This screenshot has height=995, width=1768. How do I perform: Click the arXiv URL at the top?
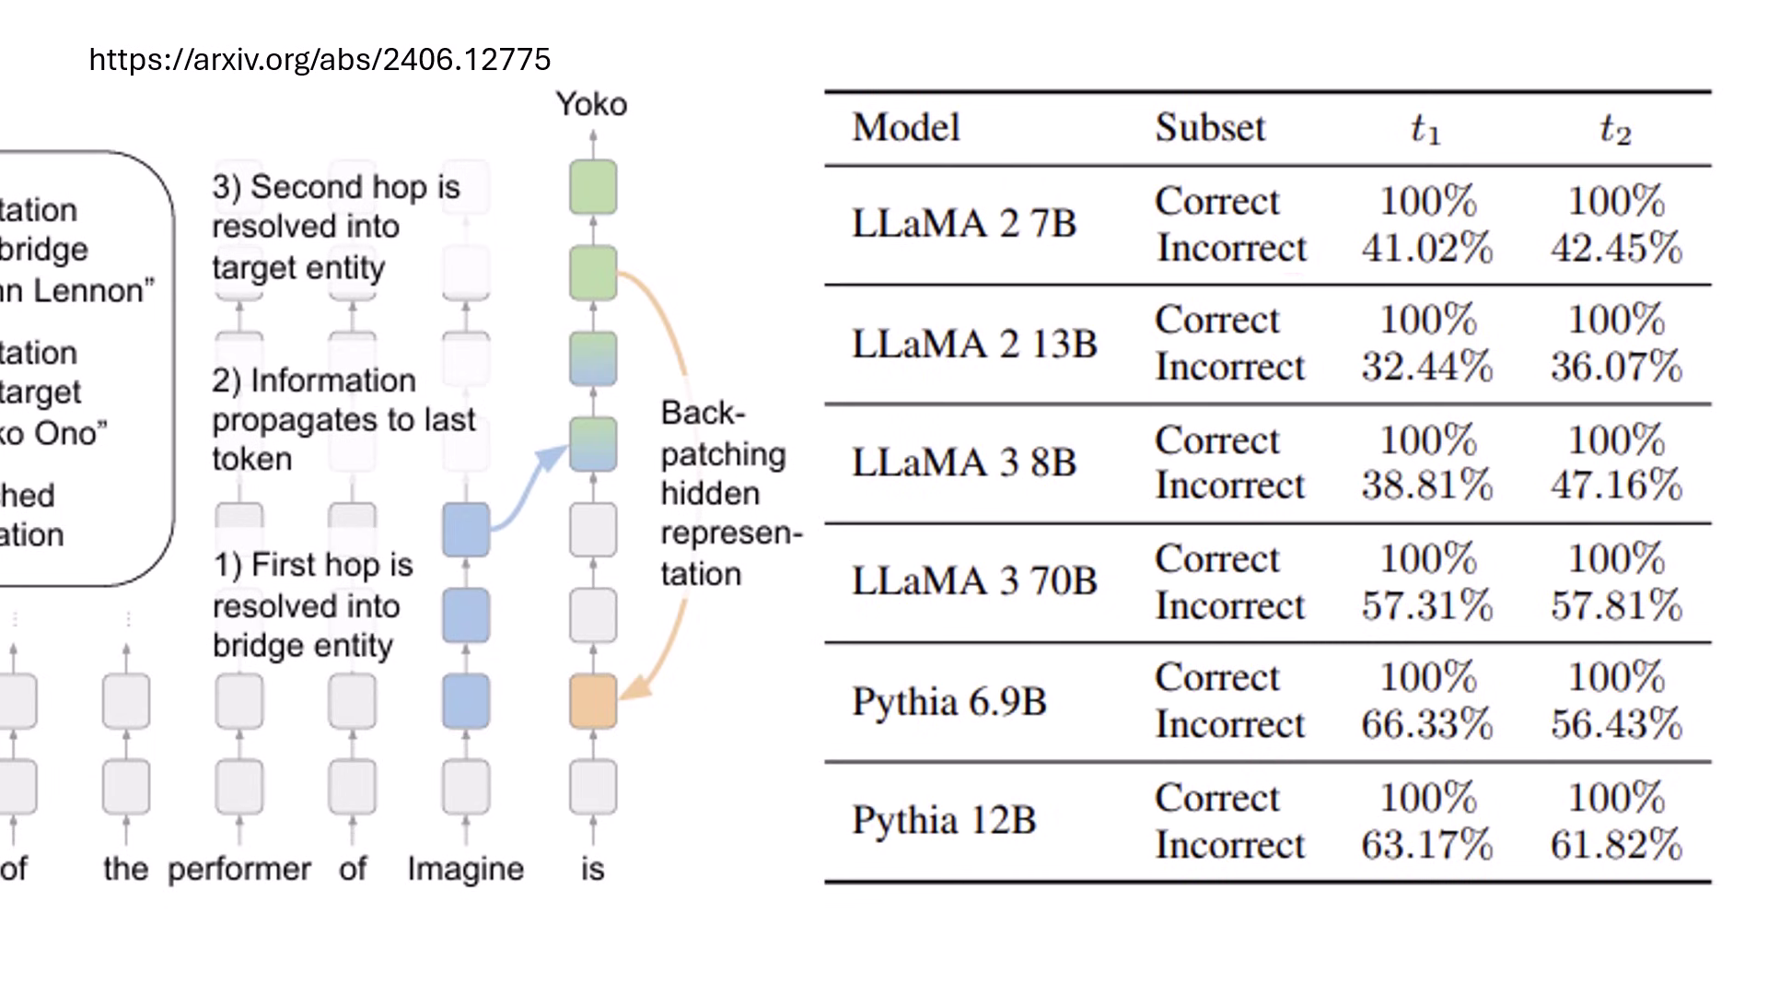click(x=320, y=60)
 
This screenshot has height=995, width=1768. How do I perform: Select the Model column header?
click(x=906, y=127)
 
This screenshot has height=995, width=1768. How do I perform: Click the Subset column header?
click(x=1210, y=127)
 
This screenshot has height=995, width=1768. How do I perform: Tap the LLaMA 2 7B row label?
click(x=963, y=224)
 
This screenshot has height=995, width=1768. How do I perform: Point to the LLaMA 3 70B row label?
click(x=974, y=581)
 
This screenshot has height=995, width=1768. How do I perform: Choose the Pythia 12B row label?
click(x=944, y=820)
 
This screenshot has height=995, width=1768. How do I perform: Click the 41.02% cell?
click(x=1426, y=248)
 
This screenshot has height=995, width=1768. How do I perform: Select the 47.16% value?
click(x=1616, y=486)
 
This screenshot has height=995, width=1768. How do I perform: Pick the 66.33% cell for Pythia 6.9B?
click(x=1426, y=724)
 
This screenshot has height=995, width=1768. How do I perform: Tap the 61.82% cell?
click(x=1616, y=845)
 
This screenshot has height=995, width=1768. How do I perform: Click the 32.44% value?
click(x=1426, y=367)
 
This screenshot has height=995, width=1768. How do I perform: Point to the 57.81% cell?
click(x=1616, y=605)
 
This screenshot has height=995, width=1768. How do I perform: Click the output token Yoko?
click(x=591, y=105)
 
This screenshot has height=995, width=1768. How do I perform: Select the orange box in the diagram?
click(x=593, y=701)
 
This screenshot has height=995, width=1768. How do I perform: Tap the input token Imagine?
click(x=465, y=869)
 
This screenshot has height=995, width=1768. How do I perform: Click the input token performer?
click(x=239, y=869)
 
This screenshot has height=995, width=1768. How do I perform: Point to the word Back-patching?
click(x=722, y=434)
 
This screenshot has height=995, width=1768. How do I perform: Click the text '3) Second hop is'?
click(x=336, y=187)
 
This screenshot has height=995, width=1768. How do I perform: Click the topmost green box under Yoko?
click(x=593, y=187)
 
